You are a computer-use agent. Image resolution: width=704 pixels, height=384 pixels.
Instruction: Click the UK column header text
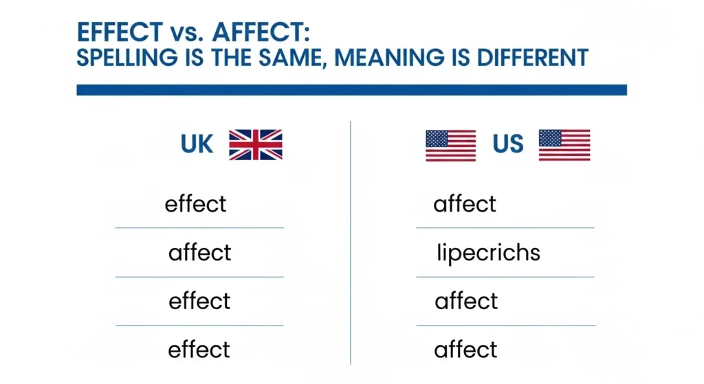197,144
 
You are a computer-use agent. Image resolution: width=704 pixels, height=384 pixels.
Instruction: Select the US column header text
508,144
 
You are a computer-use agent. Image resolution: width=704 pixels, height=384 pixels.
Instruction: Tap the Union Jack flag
256,144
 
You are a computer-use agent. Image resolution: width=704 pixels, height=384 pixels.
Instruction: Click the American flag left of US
450,145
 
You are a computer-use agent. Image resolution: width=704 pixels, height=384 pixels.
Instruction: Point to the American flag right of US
564,145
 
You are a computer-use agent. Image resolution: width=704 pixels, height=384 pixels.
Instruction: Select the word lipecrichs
489,253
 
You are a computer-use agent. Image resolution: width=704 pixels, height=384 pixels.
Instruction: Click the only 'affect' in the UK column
200,253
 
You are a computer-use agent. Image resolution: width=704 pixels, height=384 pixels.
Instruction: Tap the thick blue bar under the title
351,90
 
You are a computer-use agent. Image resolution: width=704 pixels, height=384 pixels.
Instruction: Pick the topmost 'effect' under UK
196,204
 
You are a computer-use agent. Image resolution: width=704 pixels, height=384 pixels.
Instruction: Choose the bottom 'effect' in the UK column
199,350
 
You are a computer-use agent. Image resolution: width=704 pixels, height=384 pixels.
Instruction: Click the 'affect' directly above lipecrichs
465,204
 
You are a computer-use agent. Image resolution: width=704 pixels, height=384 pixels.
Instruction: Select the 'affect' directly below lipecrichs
466,302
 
